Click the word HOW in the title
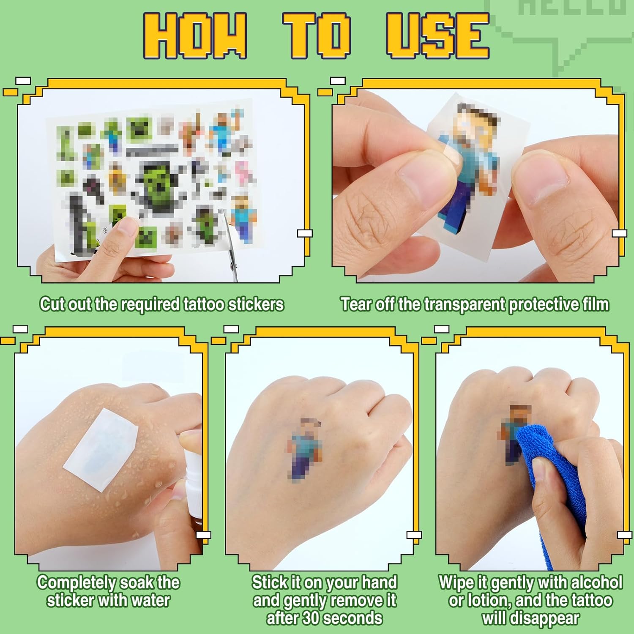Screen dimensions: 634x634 pos(195,35)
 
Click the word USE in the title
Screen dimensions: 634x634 pos(437,35)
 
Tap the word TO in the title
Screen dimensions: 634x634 pos(317,35)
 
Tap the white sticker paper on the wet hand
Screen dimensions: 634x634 pos(101,450)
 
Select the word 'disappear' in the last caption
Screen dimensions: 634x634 pos(530,619)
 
